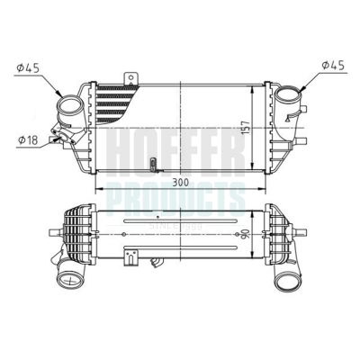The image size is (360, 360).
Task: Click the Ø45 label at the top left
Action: [29, 67]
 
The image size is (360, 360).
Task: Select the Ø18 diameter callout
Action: [28, 139]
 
